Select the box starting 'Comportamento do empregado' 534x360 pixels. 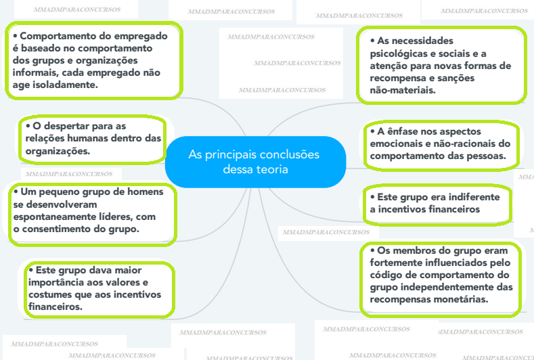[95, 61]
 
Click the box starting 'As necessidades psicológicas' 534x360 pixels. [443, 65]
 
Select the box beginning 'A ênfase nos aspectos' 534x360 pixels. [443, 144]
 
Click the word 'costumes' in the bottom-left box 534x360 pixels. [50, 294]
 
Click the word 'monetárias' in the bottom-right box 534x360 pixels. [462, 300]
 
